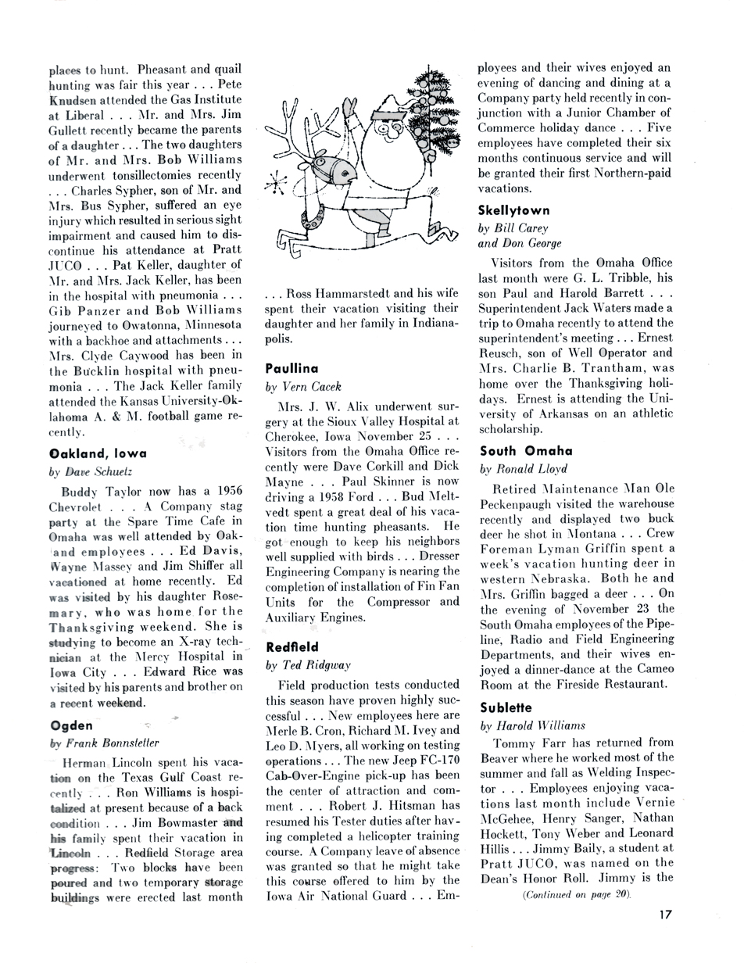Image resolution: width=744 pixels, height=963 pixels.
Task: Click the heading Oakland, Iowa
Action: tap(98, 453)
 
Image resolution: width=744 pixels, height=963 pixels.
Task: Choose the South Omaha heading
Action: tap(526, 451)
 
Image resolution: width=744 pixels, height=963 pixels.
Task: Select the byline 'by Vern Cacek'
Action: tap(305, 387)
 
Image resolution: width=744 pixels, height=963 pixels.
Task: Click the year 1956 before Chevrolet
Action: tap(224, 491)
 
